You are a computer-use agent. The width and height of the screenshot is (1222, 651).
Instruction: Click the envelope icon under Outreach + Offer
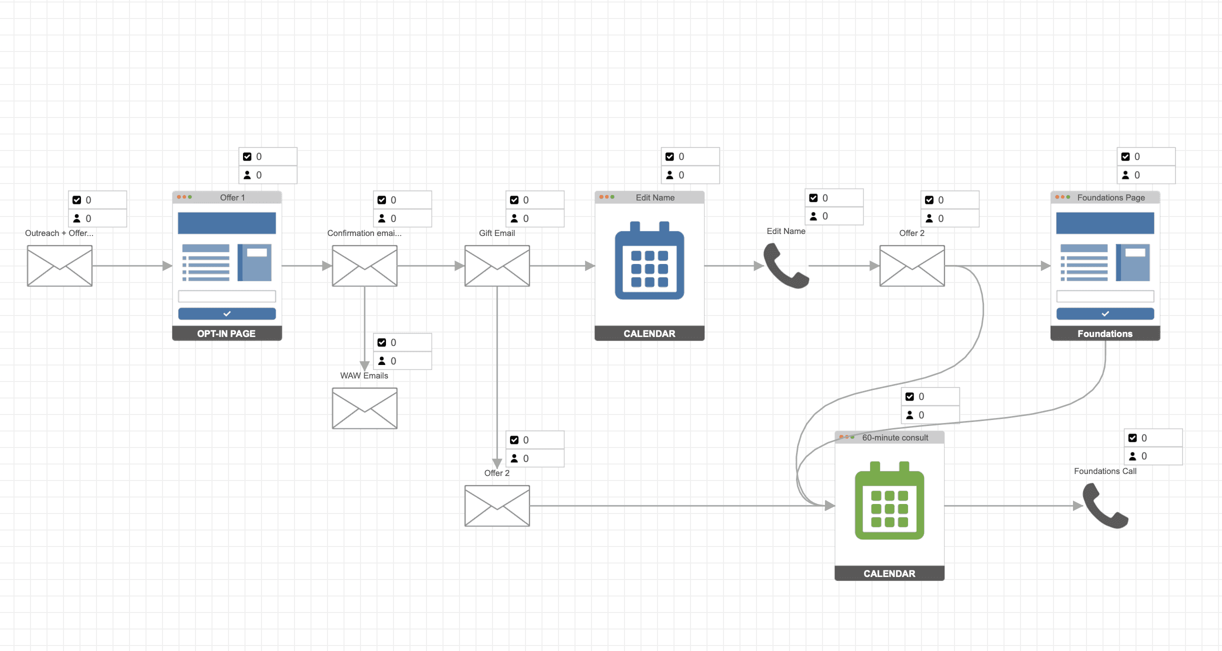click(x=59, y=265)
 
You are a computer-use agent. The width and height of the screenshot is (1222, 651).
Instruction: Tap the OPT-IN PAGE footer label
click(x=226, y=333)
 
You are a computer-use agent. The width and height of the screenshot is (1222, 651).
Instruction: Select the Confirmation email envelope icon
click(x=364, y=265)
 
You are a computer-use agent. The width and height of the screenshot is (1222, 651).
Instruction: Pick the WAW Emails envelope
click(x=364, y=408)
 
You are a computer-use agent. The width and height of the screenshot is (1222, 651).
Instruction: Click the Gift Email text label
click(x=497, y=233)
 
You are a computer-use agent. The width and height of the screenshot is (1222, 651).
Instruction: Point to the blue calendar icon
click(x=649, y=260)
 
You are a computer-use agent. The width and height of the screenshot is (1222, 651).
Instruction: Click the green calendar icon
click(x=889, y=500)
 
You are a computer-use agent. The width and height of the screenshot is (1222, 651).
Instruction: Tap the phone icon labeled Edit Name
click(x=786, y=265)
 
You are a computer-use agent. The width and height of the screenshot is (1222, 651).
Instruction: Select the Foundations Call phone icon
click(x=1105, y=505)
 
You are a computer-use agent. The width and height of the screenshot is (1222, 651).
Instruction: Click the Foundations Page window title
click(x=1111, y=197)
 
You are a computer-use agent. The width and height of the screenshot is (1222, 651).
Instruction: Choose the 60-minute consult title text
click(x=895, y=437)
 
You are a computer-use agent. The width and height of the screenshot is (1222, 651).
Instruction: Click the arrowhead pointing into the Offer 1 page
click(x=167, y=266)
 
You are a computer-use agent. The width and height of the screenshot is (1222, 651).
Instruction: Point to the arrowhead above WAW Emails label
click(x=364, y=366)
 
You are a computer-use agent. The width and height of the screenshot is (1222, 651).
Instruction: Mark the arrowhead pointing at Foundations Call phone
click(x=1078, y=506)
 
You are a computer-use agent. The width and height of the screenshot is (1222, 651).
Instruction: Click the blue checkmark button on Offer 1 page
click(x=227, y=313)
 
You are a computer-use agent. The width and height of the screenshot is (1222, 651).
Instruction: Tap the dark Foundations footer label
click(x=1105, y=333)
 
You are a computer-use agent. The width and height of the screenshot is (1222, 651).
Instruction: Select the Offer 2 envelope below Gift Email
click(x=497, y=505)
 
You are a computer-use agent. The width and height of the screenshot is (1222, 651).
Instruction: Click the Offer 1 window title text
click(x=232, y=197)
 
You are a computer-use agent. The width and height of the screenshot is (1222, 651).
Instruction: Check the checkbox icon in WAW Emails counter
click(x=381, y=342)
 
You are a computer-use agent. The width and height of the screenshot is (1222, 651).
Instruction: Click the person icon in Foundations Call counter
click(x=1132, y=456)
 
